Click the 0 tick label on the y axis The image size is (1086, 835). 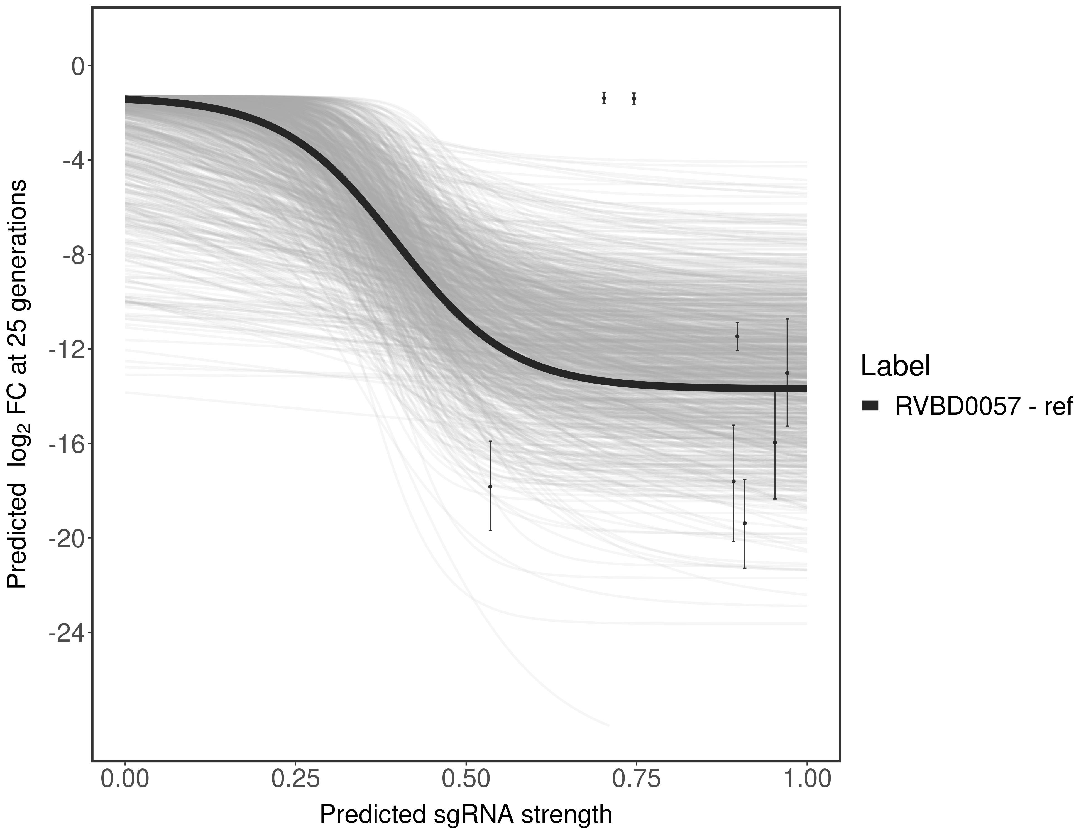click(x=78, y=67)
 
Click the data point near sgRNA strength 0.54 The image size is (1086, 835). click(x=490, y=487)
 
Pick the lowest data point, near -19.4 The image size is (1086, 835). click(x=744, y=523)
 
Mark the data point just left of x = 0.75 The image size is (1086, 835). click(x=604, y=99)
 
